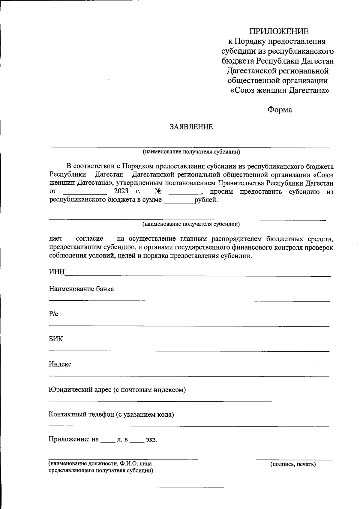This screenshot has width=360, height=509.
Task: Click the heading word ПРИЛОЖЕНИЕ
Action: [x=279, y=31]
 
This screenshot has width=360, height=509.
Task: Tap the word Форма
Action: [x=280, y=110]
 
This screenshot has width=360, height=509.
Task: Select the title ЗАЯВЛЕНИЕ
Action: [x=191, y=127]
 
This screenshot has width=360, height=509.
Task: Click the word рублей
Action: [x=206, y=200]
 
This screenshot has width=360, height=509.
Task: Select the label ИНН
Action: [x=57, y=272]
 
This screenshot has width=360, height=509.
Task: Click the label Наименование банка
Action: [x=81, y=289]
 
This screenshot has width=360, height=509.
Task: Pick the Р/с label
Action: [x=53, y=314]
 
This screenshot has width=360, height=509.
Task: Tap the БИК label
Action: [x=56, y=339]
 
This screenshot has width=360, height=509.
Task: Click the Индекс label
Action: [x=60, y=364]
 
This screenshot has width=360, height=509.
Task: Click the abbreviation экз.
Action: [x=151, y=440]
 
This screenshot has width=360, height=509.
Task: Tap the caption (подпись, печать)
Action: [x=293, y=464]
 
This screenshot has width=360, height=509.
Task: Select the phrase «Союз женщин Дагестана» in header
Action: [x=279, y=90]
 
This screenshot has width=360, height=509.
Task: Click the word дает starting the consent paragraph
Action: [x=56, y=239]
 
